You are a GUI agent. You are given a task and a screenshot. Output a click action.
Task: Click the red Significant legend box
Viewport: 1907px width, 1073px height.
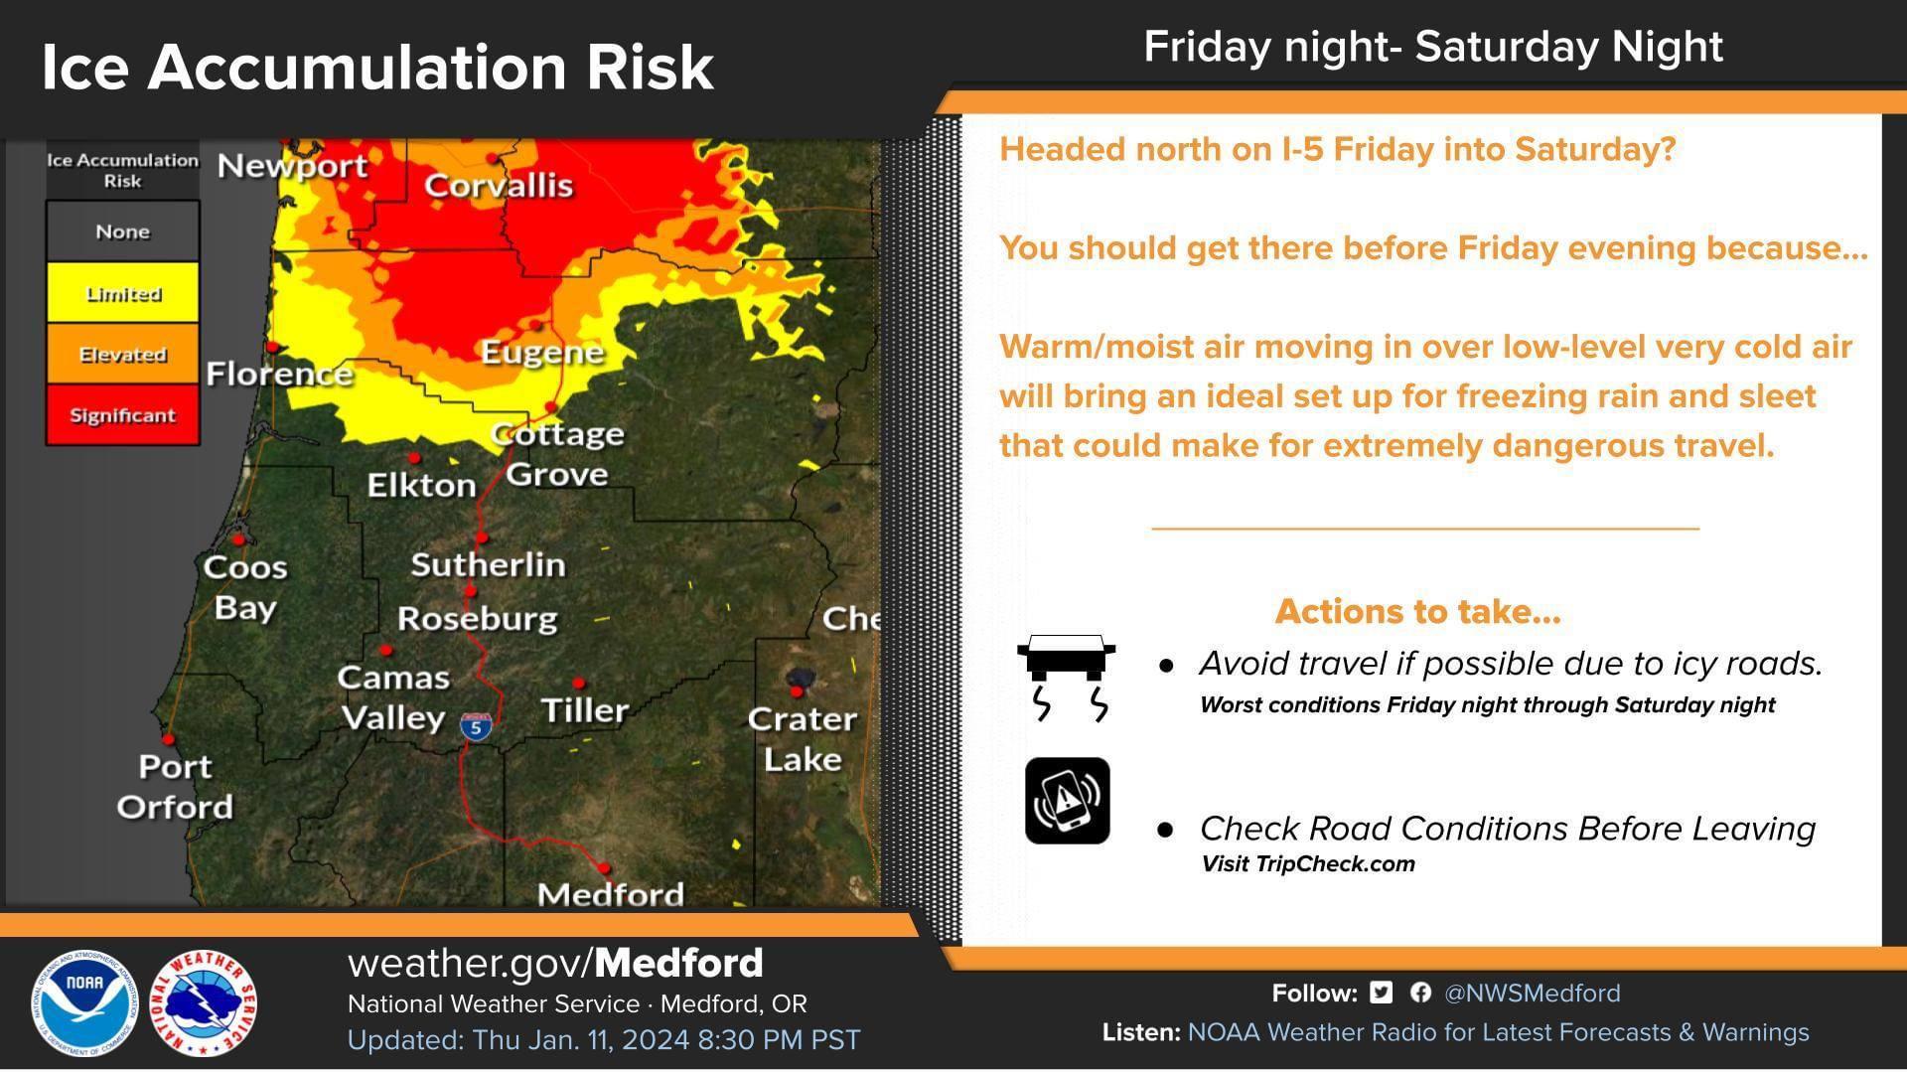[123, 414]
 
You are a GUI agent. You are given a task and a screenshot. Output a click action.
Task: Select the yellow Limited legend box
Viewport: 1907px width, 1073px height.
[123, 293]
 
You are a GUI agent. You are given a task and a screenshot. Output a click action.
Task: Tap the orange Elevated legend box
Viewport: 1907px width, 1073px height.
[123, 354]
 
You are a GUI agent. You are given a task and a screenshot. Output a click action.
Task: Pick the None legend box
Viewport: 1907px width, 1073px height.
[123, 231]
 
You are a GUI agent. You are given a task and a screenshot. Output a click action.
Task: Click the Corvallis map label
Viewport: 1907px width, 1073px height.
[499, 185]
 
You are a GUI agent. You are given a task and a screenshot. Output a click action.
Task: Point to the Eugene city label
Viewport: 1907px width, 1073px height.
[542, 353]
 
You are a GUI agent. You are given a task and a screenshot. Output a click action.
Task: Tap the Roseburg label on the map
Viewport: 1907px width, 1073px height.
[478, 618]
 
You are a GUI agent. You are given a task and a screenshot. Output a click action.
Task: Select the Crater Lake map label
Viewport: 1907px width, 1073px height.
[802, 739]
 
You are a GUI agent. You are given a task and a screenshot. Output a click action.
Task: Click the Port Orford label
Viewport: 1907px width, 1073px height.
[175, 786]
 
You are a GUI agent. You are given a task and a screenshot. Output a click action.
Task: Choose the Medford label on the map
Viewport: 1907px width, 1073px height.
[611, 894]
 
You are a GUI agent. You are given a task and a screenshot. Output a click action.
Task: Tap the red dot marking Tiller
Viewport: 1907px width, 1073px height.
[579, 683]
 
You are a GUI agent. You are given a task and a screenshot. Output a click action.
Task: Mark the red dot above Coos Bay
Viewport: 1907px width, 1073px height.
[238, 539]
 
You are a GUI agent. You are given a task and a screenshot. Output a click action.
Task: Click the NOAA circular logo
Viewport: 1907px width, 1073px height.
[83, 1004]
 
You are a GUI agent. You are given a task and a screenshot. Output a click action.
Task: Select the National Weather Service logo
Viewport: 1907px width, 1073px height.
[204, 1004]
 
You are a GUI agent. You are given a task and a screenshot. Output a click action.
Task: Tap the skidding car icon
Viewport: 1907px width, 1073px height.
[1067, 677]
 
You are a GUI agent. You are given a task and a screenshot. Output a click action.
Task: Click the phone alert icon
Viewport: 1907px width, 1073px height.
[1068, 801]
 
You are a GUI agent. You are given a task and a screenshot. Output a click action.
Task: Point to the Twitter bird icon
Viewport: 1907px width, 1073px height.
[1381, 992]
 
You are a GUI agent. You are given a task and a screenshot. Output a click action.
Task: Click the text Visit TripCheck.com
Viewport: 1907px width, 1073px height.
[1308, 863]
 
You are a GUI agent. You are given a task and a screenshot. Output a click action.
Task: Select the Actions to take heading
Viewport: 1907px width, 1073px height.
[1418, 611]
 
